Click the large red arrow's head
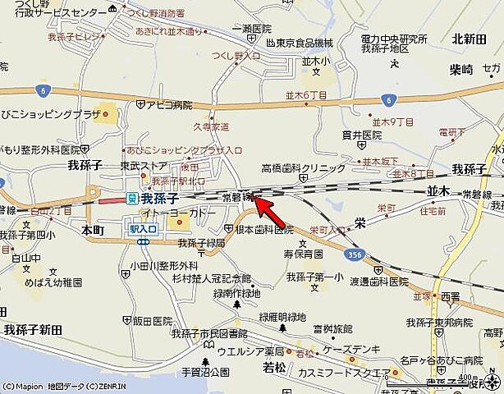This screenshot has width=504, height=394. (256, 198)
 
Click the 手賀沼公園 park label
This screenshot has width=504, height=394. (204, 373)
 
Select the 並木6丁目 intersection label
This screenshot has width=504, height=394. (306, 96)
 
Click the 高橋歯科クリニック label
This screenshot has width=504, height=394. (303, 167)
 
